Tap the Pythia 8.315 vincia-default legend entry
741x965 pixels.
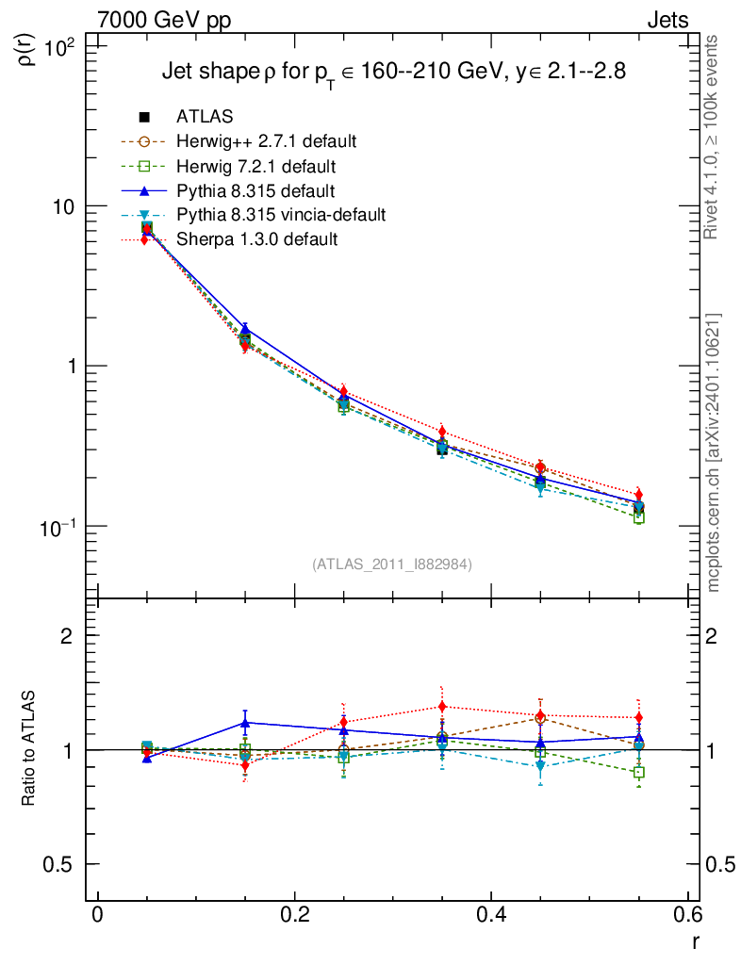(x=281, y=215)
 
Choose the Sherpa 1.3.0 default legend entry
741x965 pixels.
(x=256, y=239)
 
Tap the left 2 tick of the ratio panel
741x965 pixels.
(x=66, y=636)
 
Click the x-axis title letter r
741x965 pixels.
(x=695, y=940)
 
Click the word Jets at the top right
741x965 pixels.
(x=667, y=20)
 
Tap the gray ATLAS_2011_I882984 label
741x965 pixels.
(x=392, y=564)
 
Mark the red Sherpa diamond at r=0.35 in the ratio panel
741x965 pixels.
(x=442, y=707)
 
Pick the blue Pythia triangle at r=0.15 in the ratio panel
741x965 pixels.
(x=245, y=724)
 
